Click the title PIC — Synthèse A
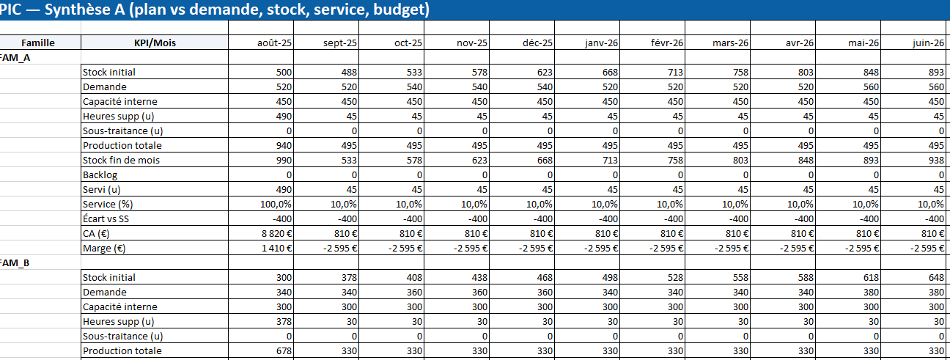[x=214, y=10]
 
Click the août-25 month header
[x=274, y=43]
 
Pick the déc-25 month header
[x=537, y=43]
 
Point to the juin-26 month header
[x=928, y=43]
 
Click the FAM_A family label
[x=15, y=57]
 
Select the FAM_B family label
[x=15, y=262]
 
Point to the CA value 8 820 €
[x=275, y=233]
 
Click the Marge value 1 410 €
[x=275, y=248]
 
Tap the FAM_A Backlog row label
[x=100, y=175]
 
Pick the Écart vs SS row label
[x=110, y=218]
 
